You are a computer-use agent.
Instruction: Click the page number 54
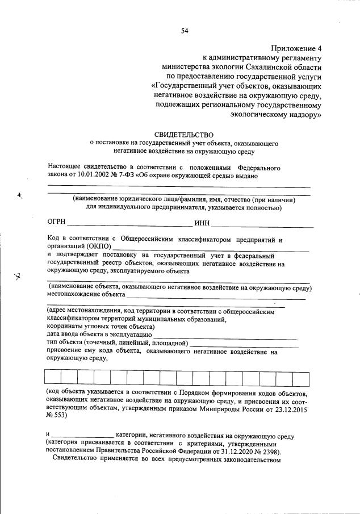184,31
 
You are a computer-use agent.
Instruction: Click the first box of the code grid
52,378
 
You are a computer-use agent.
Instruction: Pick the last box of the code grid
300,378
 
